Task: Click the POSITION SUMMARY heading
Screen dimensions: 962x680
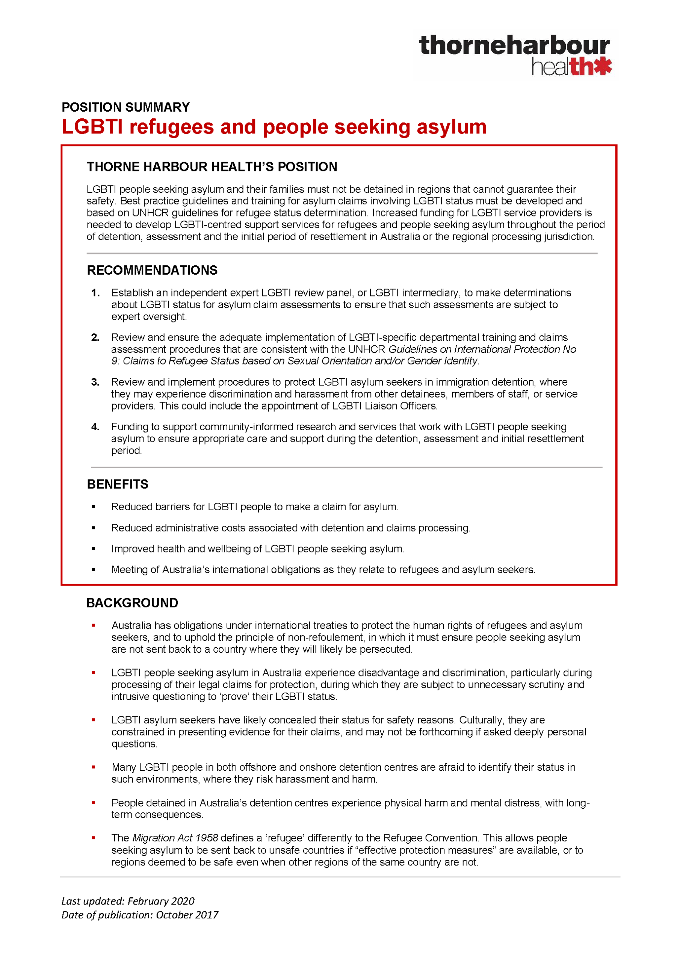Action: (x=126, y=107)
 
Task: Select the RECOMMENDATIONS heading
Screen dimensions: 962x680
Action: (x=152, y=270)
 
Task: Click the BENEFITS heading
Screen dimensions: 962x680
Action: (x=117, y=484)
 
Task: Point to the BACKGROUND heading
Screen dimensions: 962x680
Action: (x=132, y=603)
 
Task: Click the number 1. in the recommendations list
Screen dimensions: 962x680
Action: (x=95, y=293)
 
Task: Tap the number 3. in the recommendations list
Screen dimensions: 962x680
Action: (x=95, y=382)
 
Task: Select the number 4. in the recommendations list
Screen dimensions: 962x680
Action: (x=95, y=427)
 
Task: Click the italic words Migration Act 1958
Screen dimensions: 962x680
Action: (x=175, y=838)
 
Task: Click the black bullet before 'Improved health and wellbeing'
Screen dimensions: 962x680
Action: (x=94, y=549)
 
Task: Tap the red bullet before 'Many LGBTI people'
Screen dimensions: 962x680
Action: (x=94, y=767)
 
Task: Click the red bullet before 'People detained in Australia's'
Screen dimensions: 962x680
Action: (x=94, y=803)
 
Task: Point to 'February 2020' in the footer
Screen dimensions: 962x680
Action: (x=161, y=901)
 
